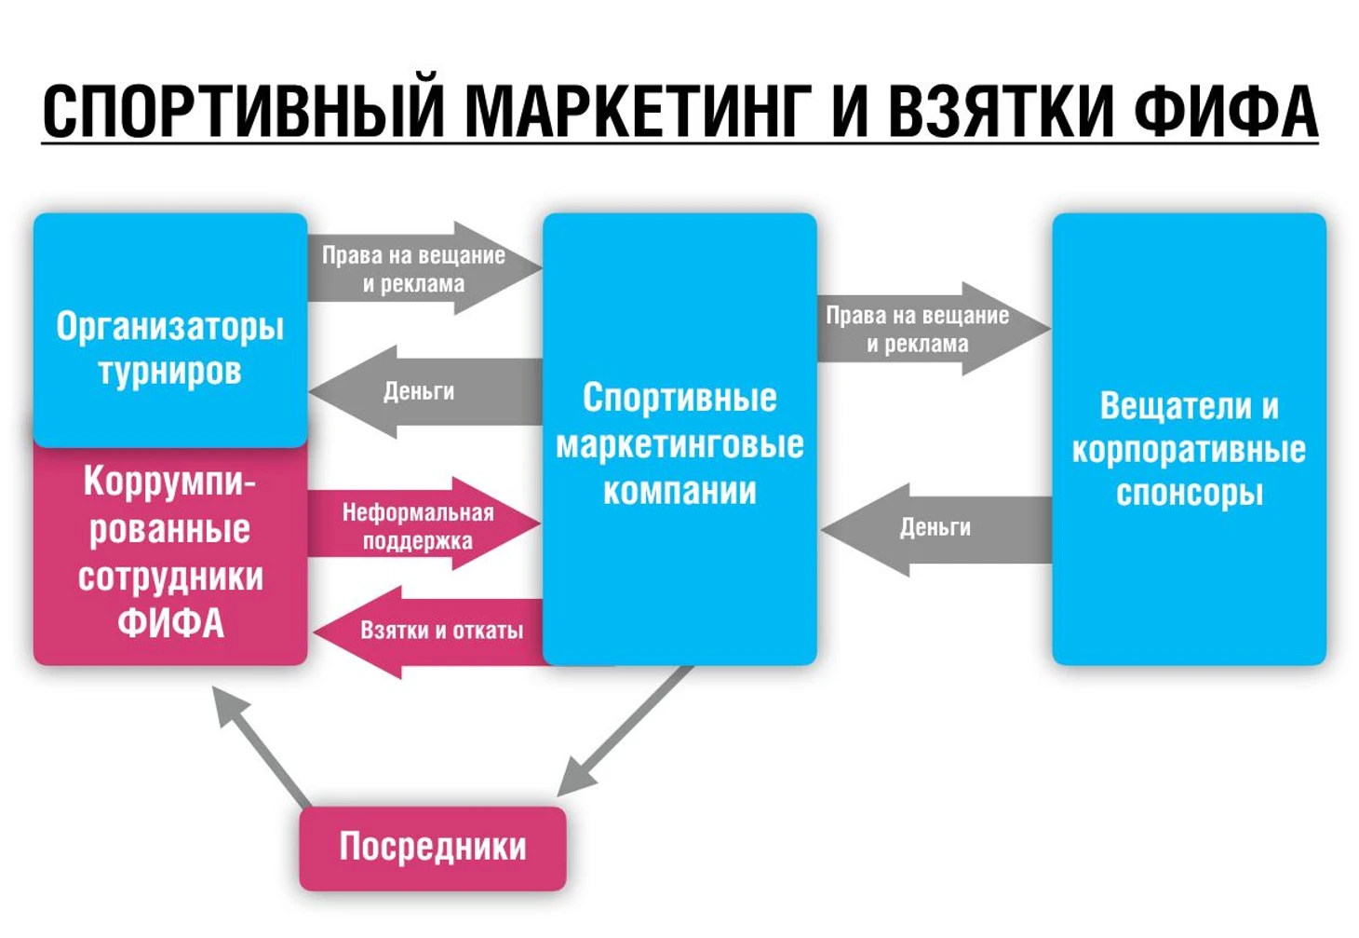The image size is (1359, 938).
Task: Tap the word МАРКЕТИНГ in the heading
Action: point(637,112)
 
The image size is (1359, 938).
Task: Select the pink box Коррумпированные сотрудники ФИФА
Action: point(169,554)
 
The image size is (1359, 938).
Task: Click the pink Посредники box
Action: point(433,847)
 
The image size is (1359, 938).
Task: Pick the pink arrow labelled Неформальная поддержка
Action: point(419,525)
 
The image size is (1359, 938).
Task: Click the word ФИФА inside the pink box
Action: point(170,623)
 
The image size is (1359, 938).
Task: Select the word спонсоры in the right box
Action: point(1190,493)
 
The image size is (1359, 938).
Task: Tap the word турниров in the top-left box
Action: point(169,372)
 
